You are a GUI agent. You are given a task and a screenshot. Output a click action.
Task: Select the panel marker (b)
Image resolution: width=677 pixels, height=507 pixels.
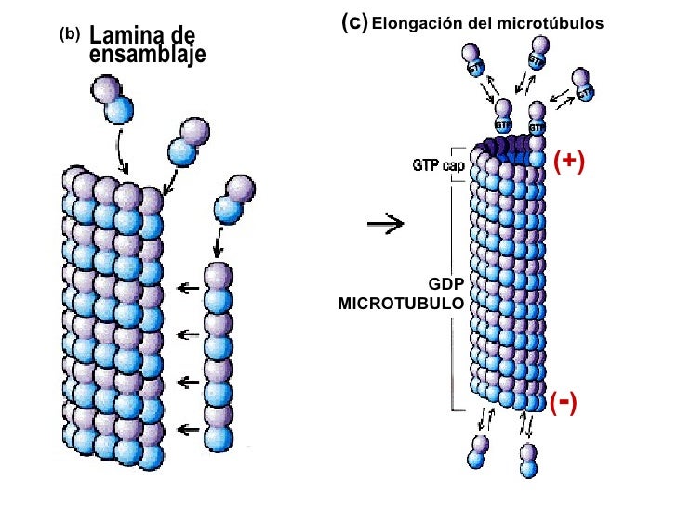pyautogui.click(x=70, y=34)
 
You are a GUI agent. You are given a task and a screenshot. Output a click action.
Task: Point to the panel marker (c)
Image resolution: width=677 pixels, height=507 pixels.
pyautogui.click(x=353, y=20)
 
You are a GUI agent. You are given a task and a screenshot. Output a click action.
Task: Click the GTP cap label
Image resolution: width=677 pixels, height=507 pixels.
pyautogui.click(x=438, y=164)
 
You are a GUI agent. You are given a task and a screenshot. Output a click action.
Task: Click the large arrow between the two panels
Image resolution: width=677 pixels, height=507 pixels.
pyautogui.click(x=382, y=224)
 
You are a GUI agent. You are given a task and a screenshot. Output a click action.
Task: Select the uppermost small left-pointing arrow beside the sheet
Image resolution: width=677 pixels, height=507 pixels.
pyautogui.click(x=189, y=289)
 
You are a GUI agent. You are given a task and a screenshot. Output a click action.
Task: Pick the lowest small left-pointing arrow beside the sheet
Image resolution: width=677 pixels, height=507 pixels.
pyautogui.click(x=189, y=429)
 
